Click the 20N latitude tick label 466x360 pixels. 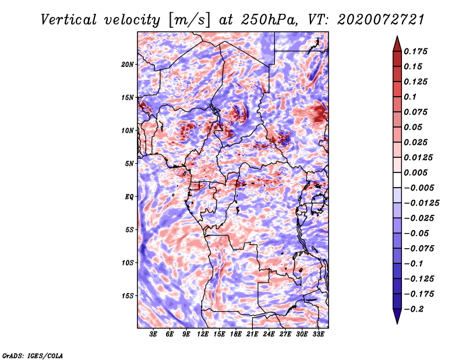coord(128,64)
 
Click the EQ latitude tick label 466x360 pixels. coord(129,196)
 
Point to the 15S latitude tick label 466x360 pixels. coord(128,296)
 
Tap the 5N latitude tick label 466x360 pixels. coord(129,164)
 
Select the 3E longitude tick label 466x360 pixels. coord(153,334)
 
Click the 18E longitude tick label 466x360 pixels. coord(236,334)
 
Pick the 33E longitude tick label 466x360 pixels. coord(318,334)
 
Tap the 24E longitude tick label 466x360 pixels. coord(269,334)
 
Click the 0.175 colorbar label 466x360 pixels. coord(415,51)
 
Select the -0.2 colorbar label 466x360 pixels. coord(414,309)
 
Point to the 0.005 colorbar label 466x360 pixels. coord(415,172)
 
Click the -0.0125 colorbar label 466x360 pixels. coord(421,203)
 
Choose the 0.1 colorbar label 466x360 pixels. coord(410,97)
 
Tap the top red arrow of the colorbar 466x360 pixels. coord(397,44)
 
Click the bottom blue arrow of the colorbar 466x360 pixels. coord(397,316)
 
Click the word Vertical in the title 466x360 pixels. coord(69,20)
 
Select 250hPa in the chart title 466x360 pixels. coord(269,20)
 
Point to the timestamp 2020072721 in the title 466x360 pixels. coord(381,20)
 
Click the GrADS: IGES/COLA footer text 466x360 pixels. coord(33,356)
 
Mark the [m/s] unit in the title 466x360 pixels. coord(189,20)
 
